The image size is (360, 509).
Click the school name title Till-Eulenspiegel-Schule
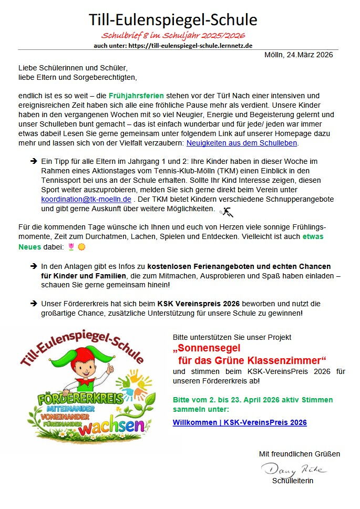pos(173,20)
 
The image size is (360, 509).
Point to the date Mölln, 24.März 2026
pos(299,55)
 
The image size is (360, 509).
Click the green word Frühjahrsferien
pos(136,96)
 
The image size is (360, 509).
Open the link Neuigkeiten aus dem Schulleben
pos(242,142)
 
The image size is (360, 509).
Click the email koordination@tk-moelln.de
pos(86,200)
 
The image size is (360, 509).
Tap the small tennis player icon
pos(227,212)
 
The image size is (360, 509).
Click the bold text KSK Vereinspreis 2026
pos(198,304)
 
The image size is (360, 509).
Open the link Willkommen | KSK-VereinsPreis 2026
pos(240,422)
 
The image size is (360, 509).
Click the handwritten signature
pos(294,469)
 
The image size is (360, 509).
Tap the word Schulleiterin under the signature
pos(293,481)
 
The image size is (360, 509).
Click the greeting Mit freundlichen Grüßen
pos(299,453)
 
